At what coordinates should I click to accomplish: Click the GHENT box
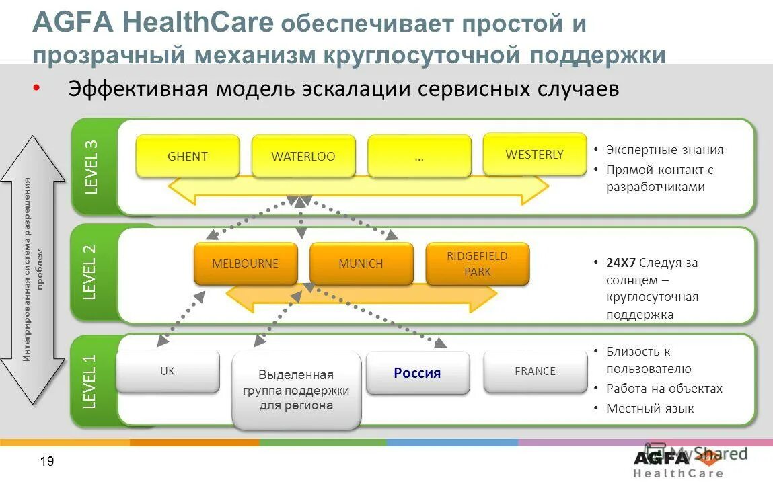[x=187, y=156]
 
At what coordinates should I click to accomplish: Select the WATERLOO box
[x=303, y=156]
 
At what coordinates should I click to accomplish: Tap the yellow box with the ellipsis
[x=419, y=157]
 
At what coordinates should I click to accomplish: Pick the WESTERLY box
[x=535, y=154]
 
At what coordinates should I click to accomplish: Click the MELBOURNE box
[x=245, y=263]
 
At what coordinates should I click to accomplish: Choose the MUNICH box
[x=361, y=263]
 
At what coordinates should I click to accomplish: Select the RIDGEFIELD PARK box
[x=477, y=263]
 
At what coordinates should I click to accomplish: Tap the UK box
[x=168, y=371]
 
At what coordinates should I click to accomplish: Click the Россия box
[x=417, y=372]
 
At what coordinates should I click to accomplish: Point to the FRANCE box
[x=535, y=371]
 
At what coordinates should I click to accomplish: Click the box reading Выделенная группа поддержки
[x=296, y=390]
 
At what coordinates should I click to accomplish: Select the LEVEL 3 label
[x=91, y=166]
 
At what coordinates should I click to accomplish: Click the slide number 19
[x=47, y=461]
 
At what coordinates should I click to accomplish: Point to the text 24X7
[x=620, y=262]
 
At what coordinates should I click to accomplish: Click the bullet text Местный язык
[x=649, y=408]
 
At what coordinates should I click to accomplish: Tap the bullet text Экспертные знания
[x=664, y=150]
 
